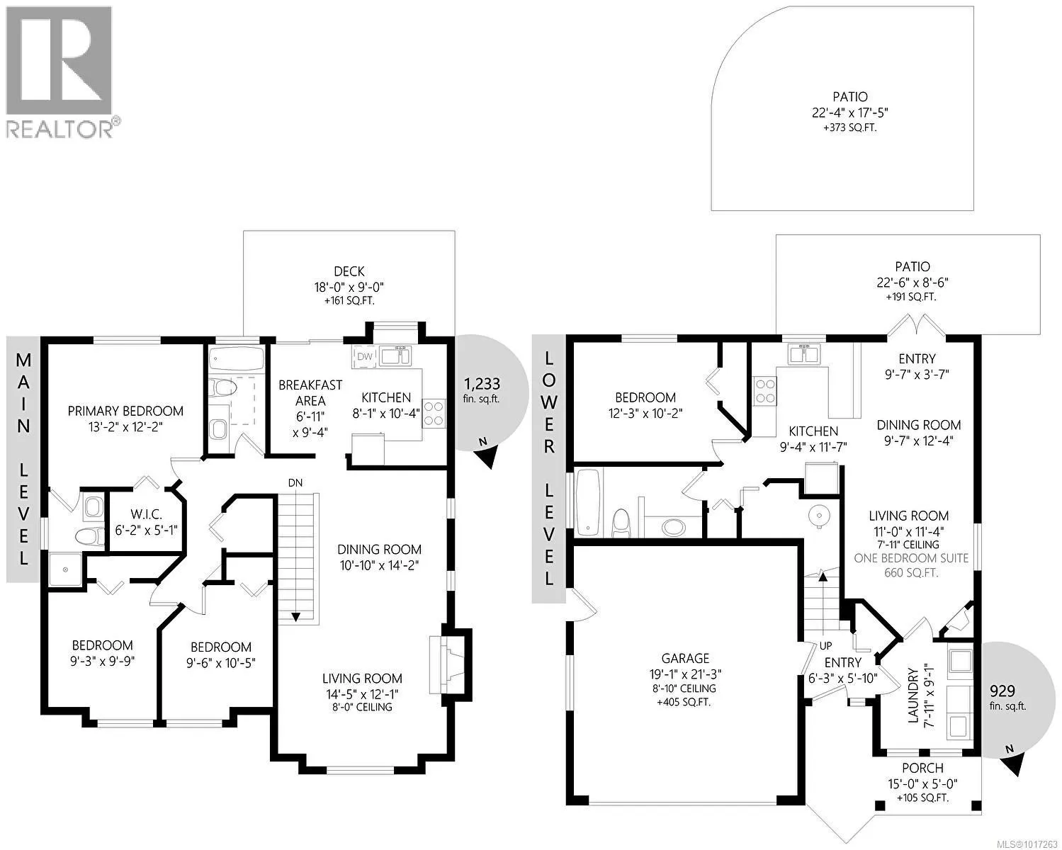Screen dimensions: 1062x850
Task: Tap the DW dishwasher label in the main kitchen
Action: [364, 357]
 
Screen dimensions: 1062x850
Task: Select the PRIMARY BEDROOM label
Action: [125, 411]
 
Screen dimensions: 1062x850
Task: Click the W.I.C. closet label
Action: [147, 514]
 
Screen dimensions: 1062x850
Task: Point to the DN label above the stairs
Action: [295, 483]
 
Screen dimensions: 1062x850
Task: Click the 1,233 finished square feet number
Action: [482, 383]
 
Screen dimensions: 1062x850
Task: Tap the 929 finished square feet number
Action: [1002, 691]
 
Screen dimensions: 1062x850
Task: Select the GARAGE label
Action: [685, 658]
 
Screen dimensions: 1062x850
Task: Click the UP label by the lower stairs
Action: [825, 645]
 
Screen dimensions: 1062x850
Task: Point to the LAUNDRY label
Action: [913, 696]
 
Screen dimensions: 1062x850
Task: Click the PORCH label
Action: [922, 768]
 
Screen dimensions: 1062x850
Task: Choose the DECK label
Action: [349, 271]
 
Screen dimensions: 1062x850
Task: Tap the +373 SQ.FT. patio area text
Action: [849, 127]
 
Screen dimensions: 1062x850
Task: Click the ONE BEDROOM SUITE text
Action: [911, 558]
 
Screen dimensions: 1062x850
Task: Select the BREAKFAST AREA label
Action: [310, 392]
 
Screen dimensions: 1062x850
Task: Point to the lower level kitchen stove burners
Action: [765, 391]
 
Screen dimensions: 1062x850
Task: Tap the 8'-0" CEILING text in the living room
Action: [362, 707]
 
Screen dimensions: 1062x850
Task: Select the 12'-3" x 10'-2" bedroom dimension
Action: [645, 413]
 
